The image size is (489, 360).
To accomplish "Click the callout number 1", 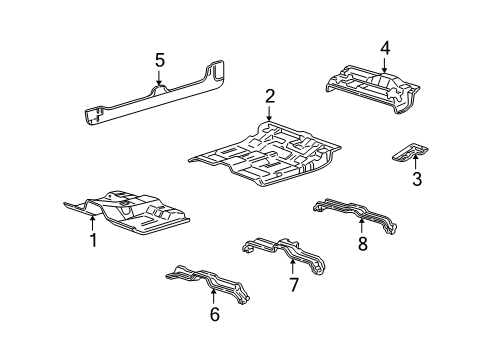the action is (x=94, y=240).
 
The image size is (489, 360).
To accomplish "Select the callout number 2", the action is (x=270, y=96).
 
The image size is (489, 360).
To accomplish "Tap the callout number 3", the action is (x=417, y=179).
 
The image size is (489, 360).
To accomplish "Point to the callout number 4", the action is (x=385, y=49).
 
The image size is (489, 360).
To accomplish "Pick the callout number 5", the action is (x=160, y=61).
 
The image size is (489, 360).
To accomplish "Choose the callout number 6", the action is (x=215, y=314).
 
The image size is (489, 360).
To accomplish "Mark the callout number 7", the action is (x=293, y=285).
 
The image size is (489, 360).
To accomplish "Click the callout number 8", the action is (x=362, y=243).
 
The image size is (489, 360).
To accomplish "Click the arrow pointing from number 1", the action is (x=93, y=222).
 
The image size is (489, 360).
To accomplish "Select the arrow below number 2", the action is (x=269, y=113).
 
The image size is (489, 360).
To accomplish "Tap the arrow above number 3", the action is (x=415, y=162).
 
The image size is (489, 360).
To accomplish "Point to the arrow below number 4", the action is (x=384, y=65).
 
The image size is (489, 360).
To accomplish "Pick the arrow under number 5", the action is (x=159, y=77).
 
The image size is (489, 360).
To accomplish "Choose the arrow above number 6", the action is (x=214, y=297).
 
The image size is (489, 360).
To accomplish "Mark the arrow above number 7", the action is (x=292, y=267).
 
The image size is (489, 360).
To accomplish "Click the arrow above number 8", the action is (x=361, y=225).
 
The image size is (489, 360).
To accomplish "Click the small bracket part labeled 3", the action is (x=410, y=152).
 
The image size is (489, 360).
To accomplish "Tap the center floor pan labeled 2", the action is (x=265, y=154).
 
